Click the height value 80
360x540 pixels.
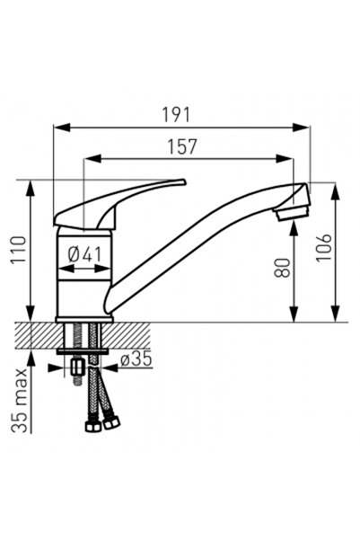coord(283,266)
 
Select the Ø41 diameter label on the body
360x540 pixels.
coord(84,255)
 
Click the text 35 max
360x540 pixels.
coord(18,400)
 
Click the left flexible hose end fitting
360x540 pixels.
coord(92,424)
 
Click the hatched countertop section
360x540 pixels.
coord(45,334)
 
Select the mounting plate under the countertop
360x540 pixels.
coord(83,350)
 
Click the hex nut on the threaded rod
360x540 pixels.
coord(77,367)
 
